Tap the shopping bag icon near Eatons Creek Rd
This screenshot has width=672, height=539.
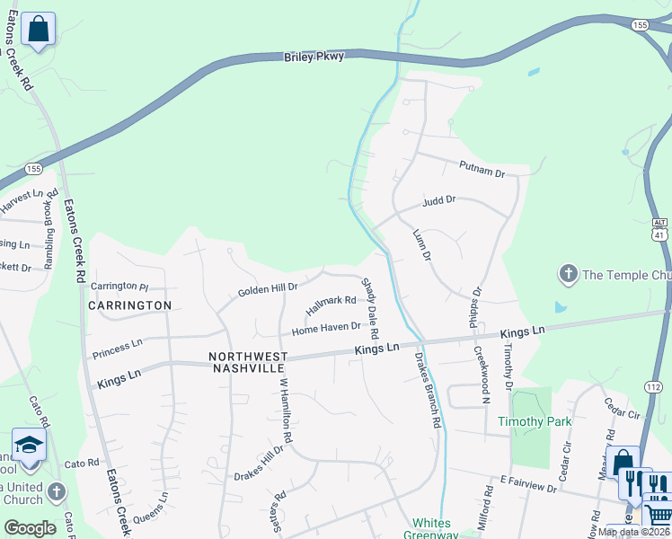pos(38,30)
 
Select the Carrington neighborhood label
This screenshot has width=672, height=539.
pos(130,305)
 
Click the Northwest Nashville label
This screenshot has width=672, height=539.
pos(249,363)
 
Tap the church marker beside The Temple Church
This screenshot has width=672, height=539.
pos(567,273)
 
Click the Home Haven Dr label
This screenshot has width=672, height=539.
pos(326,330)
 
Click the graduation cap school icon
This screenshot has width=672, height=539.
pos(29,444)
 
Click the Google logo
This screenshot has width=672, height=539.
pos(30,528)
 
